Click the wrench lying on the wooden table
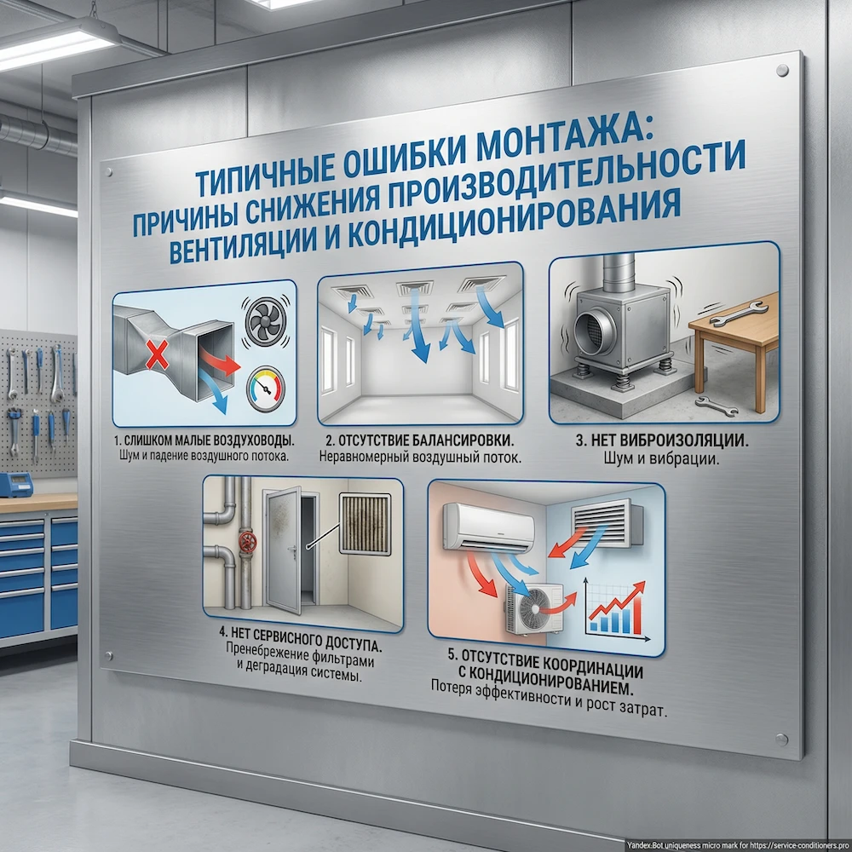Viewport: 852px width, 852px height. pyautogui.click(x=728, y=318)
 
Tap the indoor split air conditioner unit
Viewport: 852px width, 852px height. pyautogui.click(x=487, y=526)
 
